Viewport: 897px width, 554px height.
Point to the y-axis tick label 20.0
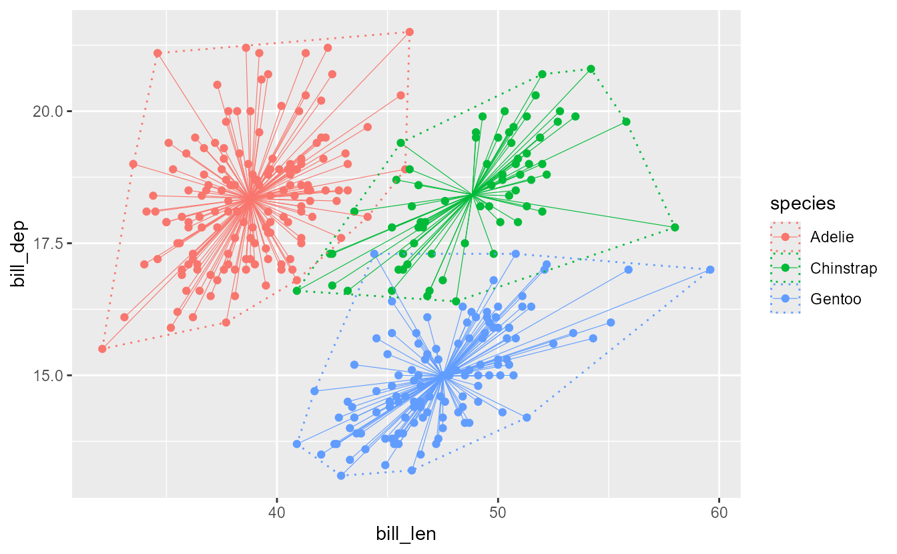click(47, 111)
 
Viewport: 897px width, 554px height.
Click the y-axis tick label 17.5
click(47, 244)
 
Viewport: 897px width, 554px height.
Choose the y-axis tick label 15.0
click(47, 376)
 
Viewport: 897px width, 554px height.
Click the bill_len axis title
click(406, 535)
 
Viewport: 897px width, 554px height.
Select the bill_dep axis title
click(18, 254)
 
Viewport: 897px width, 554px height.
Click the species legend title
click(802, 203)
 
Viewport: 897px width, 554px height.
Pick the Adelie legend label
click(832, 236)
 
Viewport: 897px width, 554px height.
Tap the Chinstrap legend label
click(844, 268)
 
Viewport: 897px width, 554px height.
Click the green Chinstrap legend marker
click(785, 268)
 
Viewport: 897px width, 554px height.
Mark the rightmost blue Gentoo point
click(710, 270)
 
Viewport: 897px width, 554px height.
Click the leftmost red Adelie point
click(102, 348)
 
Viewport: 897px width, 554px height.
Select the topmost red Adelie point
click(410, 32)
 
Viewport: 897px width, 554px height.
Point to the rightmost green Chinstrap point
click(675, 228)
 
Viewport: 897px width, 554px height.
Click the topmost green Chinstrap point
click(591, 69)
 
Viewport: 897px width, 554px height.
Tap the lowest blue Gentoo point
click(341, 475)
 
